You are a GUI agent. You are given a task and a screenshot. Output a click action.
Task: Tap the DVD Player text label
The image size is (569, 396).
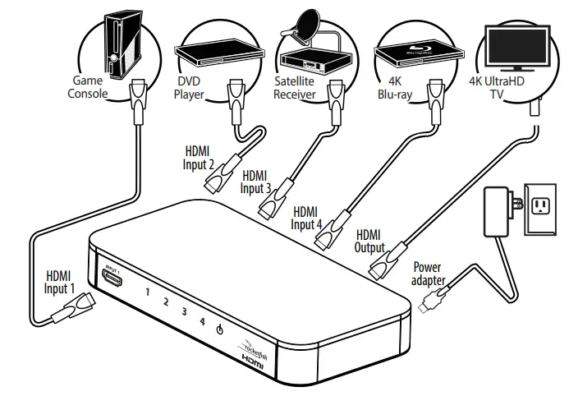190,88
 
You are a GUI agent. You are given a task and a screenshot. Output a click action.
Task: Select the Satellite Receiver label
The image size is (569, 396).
294,88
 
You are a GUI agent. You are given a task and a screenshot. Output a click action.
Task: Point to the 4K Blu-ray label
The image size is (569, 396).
395,88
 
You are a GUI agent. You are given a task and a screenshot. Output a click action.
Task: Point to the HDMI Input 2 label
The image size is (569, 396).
200,158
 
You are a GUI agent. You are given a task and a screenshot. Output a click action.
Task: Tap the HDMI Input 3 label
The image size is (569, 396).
256,182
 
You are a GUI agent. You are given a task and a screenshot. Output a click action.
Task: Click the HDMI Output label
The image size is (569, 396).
371,240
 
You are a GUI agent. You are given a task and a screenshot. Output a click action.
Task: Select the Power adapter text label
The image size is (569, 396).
429,274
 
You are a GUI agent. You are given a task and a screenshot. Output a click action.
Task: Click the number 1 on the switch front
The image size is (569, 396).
148,292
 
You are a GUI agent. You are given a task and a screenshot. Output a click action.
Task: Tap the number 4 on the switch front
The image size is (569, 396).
201,321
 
